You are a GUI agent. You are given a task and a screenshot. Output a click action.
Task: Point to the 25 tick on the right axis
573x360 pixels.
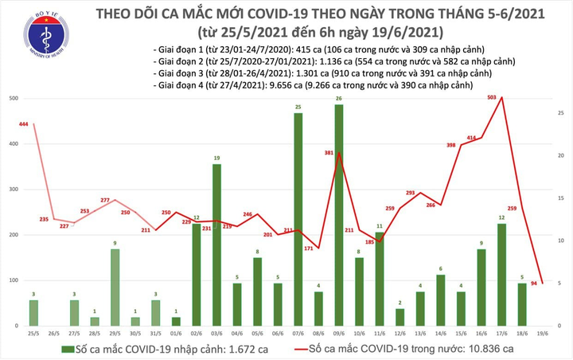coord(561,114)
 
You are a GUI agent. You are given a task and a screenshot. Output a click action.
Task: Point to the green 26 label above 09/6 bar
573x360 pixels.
coord(339,98)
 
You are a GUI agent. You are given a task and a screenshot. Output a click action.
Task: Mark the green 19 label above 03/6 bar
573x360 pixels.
coord(216,158)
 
